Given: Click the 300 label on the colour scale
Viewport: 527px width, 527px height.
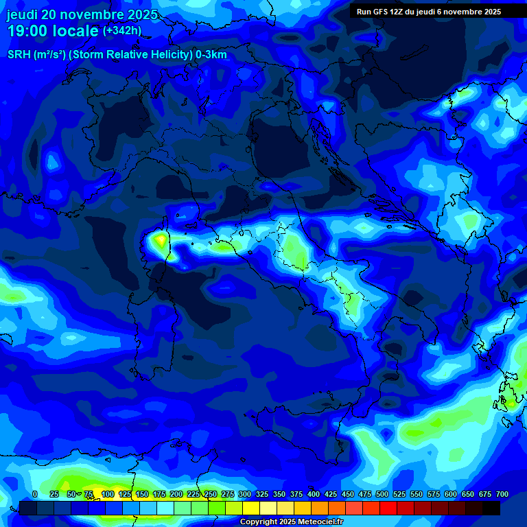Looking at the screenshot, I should point(245,494).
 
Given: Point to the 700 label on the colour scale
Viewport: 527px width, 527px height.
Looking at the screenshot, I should point(502,494).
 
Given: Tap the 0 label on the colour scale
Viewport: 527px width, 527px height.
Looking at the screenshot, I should point(35,494).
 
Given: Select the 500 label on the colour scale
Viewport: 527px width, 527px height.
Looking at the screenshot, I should point(382,494).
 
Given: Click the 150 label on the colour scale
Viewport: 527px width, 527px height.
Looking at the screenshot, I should point(142,494).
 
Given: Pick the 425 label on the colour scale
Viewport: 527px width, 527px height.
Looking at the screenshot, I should point(331,494).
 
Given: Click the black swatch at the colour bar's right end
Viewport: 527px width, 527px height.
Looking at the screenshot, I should point(491,508).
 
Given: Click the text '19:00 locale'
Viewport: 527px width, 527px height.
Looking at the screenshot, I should point(53,31).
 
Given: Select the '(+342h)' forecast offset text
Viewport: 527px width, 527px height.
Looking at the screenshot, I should point(121,31).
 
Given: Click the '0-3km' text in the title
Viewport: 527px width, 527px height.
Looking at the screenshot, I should point(211,55).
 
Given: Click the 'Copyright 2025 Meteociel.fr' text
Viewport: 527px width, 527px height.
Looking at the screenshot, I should point(291,522).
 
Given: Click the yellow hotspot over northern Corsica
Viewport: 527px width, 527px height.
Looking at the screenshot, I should point(161,240).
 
